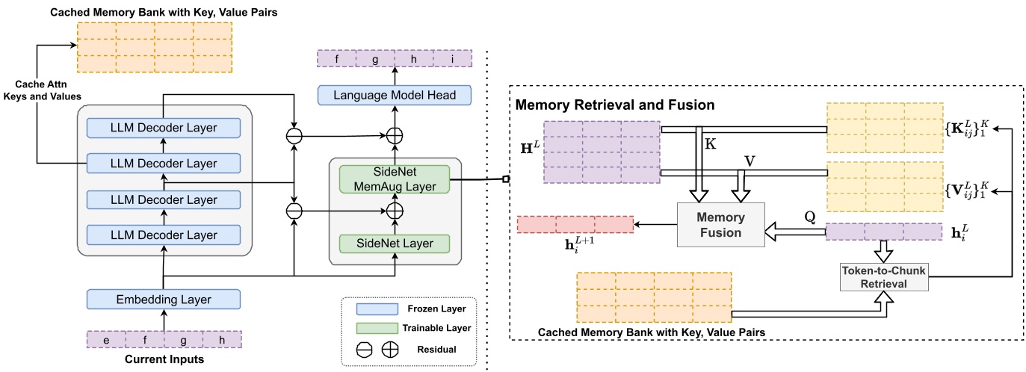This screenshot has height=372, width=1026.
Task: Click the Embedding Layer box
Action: pyautogui.click(x=163, y=300)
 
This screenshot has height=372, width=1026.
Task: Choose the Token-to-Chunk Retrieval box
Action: pyautogui.click(x=883, y=276)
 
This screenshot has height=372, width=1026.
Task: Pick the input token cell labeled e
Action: pyautogui.click(x=107, y=340)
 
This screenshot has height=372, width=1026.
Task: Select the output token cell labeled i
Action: pyautogui.click(x=453, y=59)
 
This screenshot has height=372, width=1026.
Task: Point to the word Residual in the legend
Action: pyautogui.click(x=437, y=349)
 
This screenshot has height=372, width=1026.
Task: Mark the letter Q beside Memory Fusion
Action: pyautogui.click(x=809, y=214)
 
